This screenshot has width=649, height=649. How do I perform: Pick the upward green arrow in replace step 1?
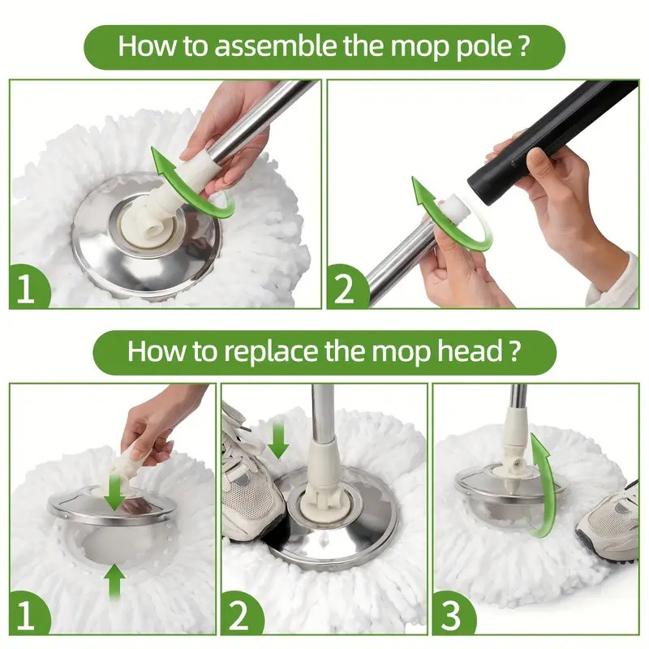click(116, 581)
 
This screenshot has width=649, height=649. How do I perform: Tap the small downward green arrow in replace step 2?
click(278, 438)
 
